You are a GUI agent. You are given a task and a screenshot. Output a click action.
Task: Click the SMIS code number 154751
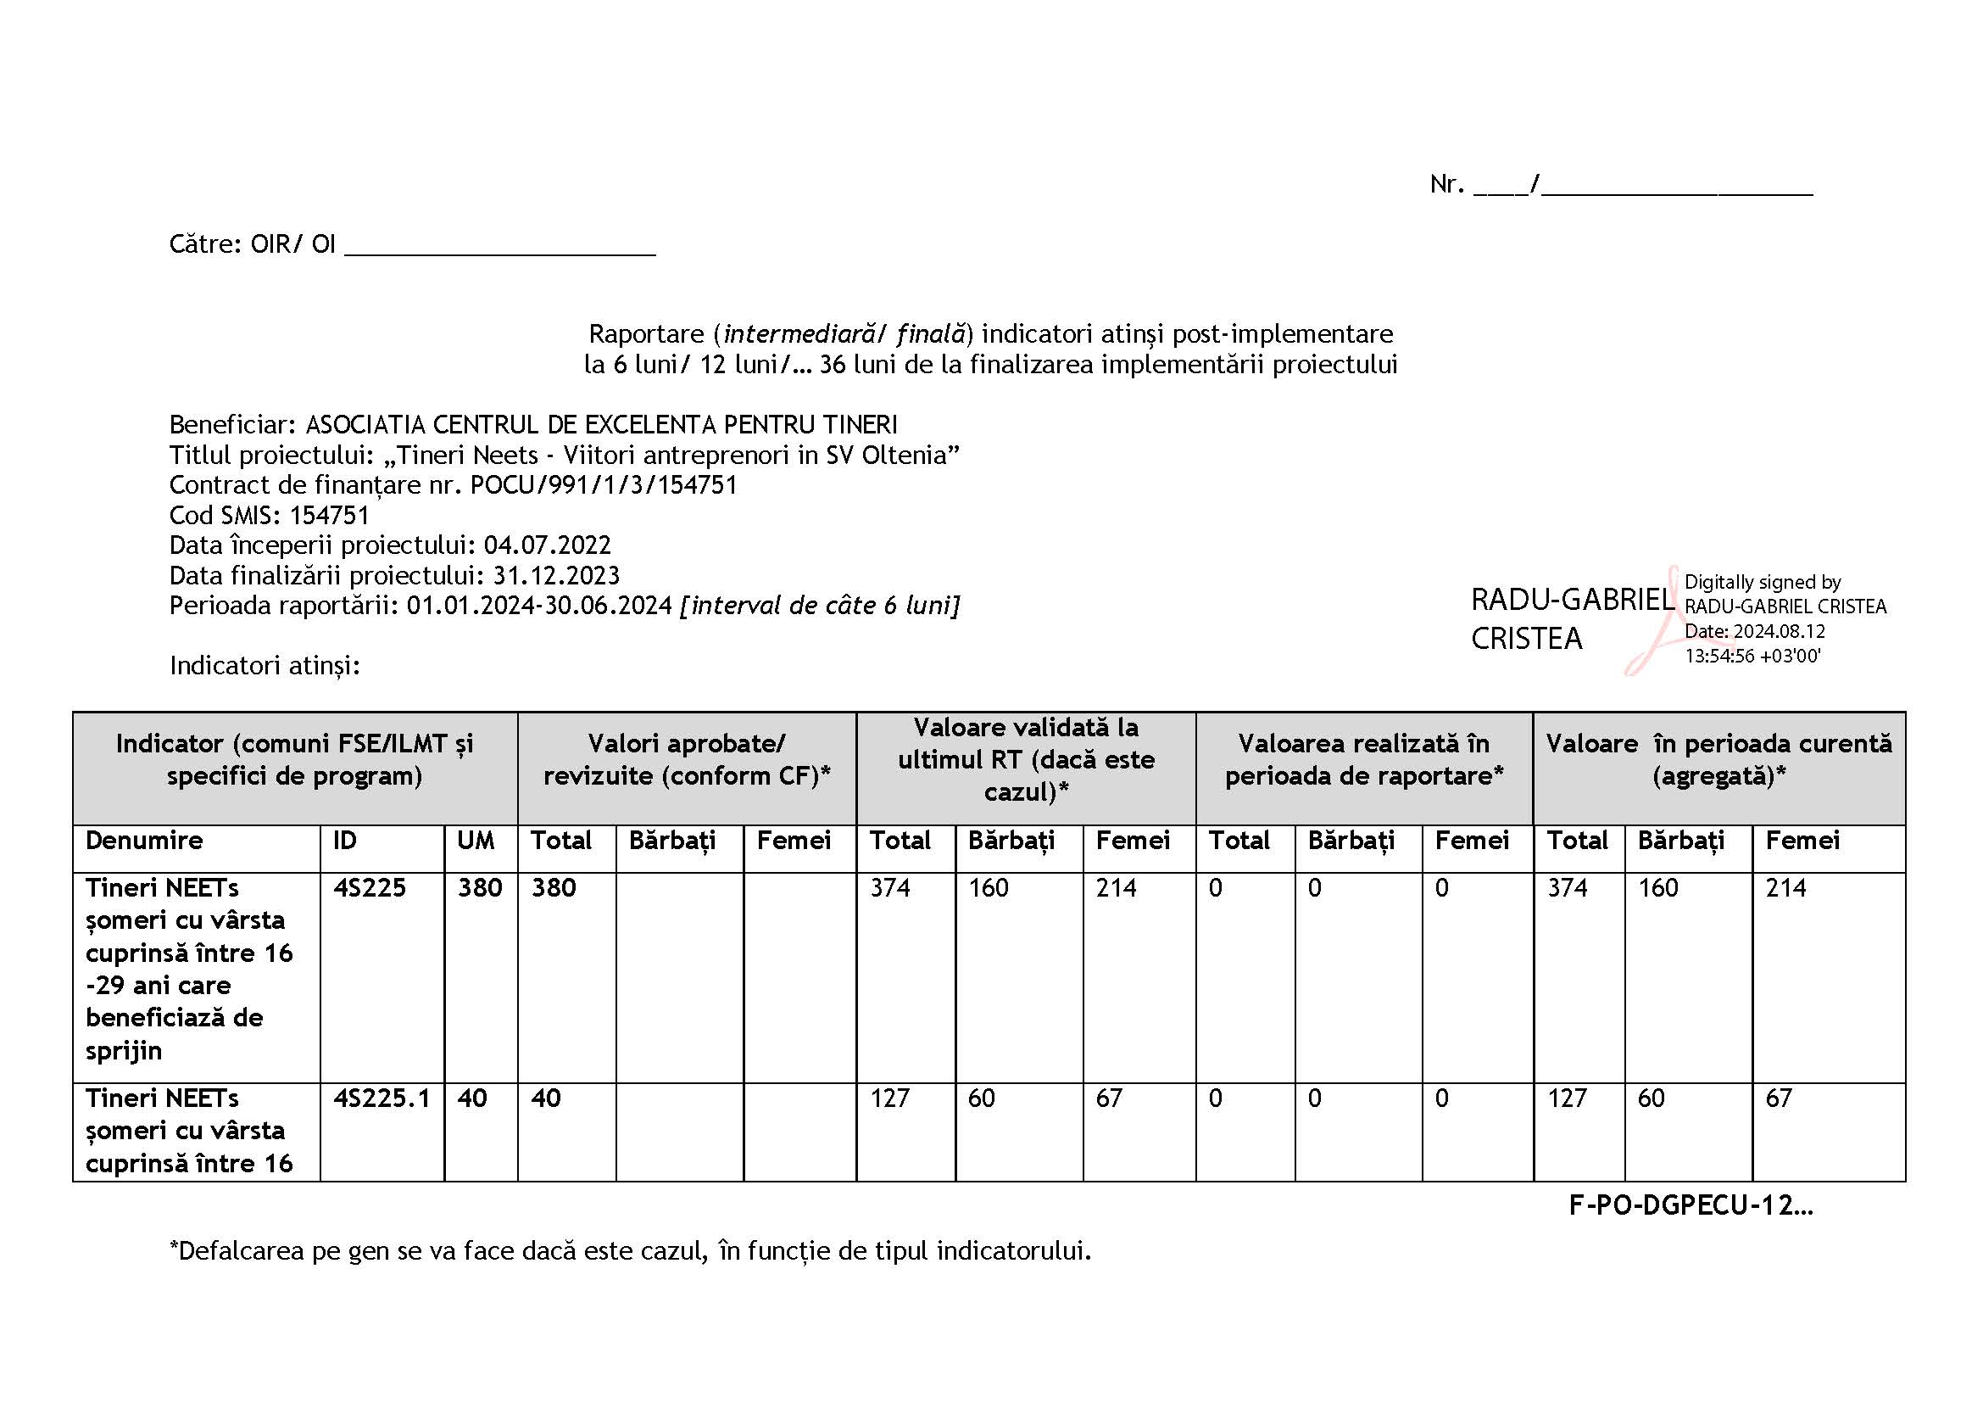[329, 516]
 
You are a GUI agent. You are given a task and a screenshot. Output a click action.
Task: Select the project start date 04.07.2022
[547, 545]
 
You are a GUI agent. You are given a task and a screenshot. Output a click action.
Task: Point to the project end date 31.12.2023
[555, 575]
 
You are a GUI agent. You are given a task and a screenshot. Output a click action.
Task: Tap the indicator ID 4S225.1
[382, 1098]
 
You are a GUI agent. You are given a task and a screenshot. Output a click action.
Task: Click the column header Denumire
[144, 841]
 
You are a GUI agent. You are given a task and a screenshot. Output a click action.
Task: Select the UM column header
[476, 841]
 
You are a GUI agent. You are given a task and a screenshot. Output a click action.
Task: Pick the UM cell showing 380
[479, 888]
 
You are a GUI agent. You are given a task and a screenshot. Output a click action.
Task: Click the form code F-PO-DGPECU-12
[1690, 1205]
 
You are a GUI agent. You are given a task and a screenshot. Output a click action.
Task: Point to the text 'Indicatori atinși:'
[265, 665]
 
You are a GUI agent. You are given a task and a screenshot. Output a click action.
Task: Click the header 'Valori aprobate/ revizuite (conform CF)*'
[687, 760]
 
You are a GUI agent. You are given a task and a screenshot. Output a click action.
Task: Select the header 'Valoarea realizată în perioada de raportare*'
[1364, 760]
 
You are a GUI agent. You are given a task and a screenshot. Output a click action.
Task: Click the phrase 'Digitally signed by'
[1762, 582]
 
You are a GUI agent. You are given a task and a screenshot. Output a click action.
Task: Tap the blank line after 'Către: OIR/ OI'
[500, 246]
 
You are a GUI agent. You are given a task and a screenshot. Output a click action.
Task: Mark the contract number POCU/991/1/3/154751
[604, 485]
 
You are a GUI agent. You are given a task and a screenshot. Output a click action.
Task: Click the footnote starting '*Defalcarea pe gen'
[631, 1251]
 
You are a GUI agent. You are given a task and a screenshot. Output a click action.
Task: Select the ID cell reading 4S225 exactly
[370, 888]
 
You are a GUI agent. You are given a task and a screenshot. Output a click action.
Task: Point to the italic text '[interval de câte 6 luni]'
[820, 606]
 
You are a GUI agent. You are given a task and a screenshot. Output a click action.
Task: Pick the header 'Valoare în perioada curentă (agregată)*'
[1718, 760]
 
